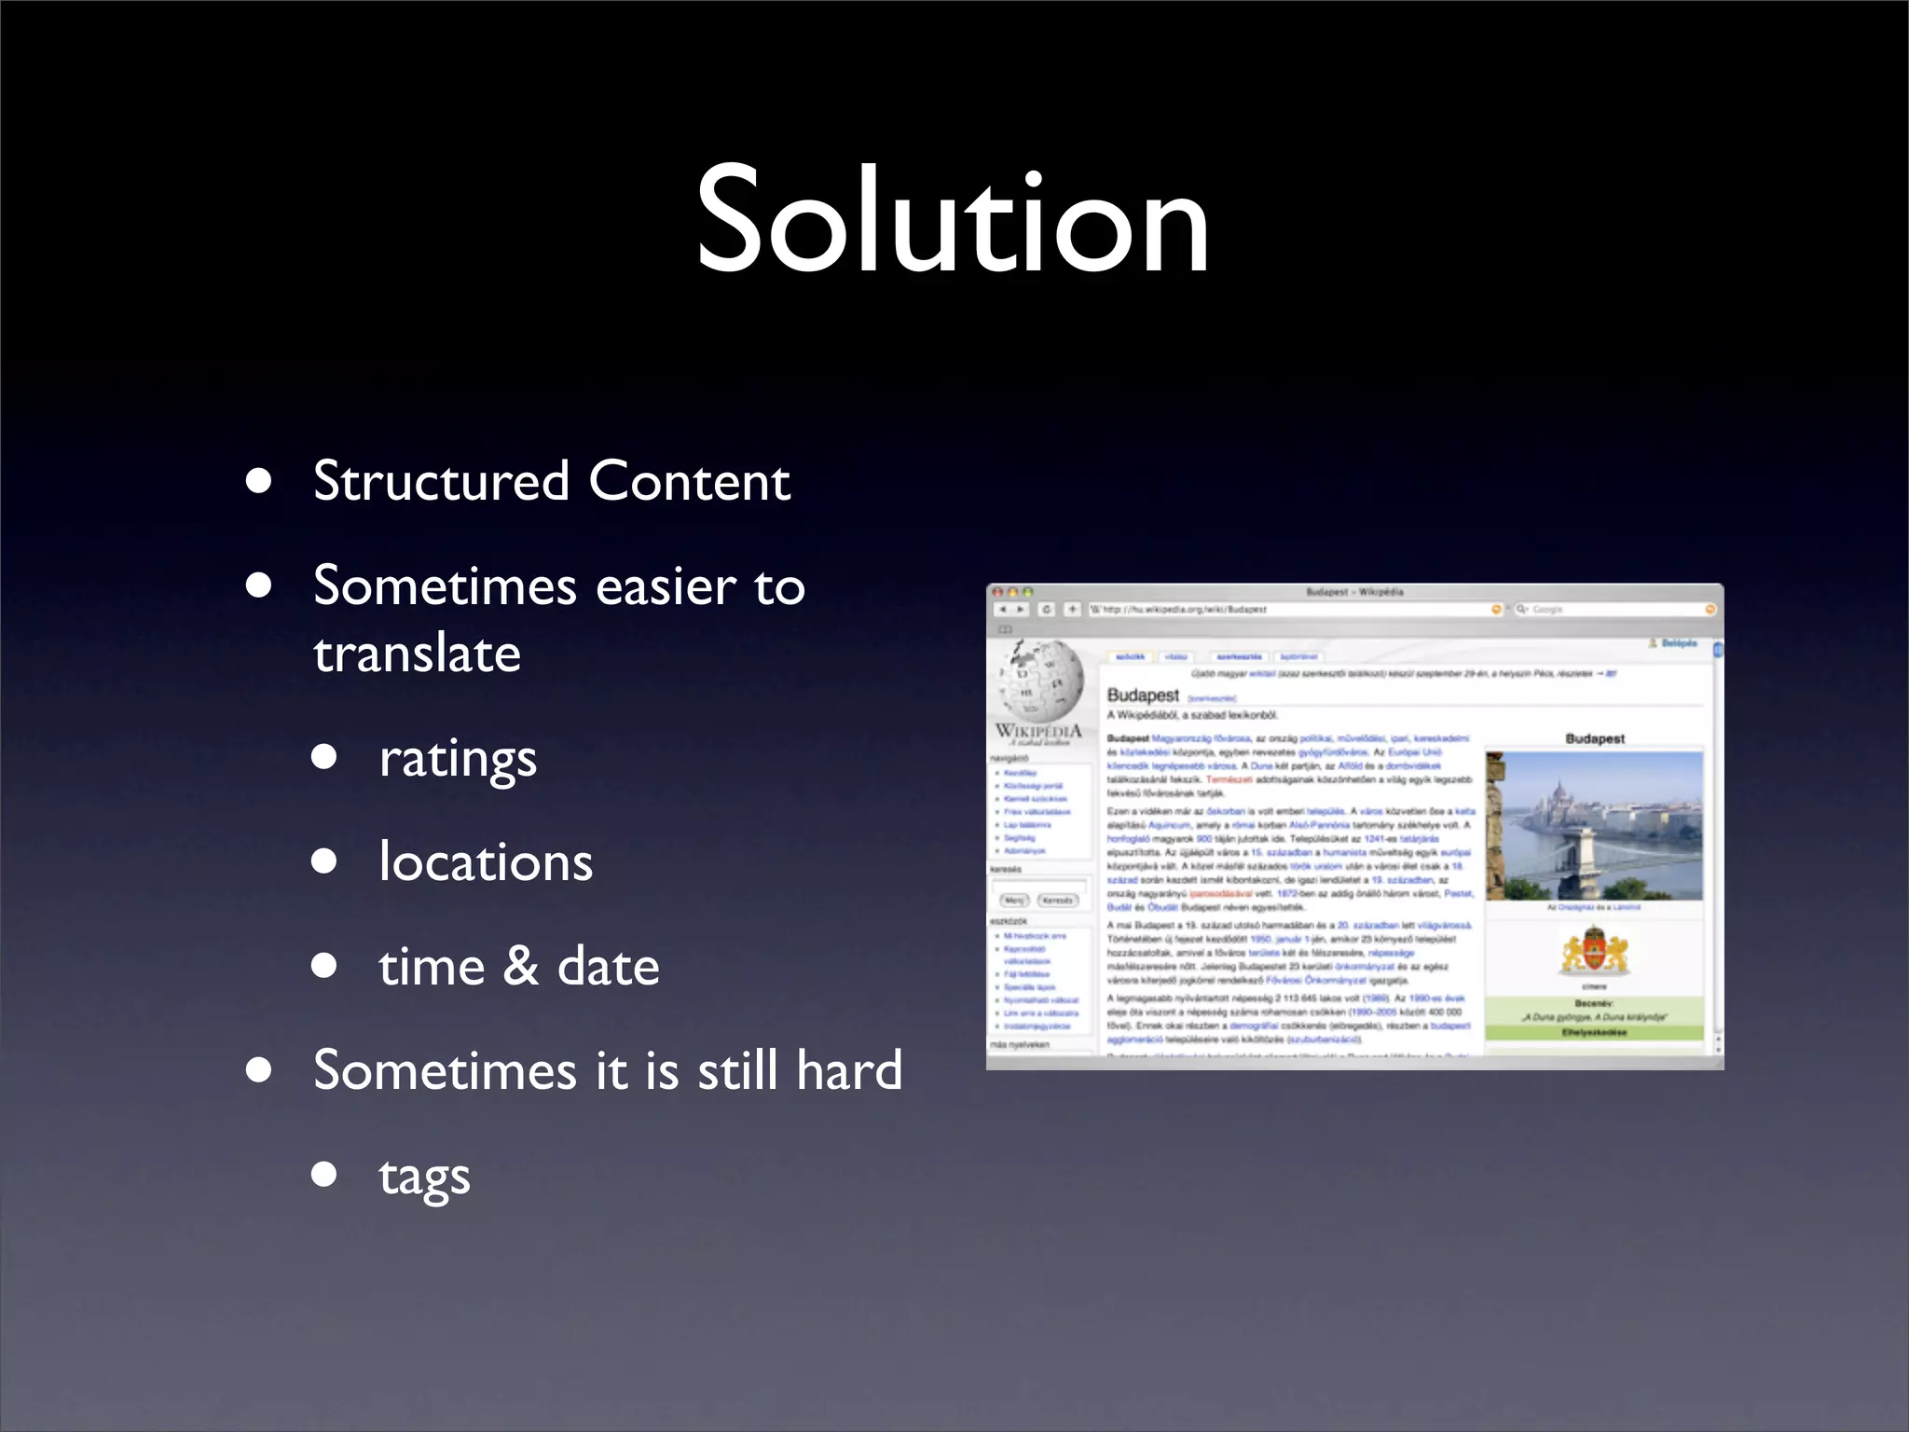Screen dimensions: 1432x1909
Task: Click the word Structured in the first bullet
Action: point(441,482)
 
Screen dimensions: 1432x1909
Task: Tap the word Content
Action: point(689,482)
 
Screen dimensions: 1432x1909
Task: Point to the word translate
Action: point(417,654)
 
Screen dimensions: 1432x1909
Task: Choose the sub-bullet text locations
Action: point(486,862)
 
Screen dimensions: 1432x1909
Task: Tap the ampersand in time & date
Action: point(521,966)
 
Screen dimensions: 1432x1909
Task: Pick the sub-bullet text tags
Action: point(424,1177)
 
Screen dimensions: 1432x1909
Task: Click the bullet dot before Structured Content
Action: point(259,482)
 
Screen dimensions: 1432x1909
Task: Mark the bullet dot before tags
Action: point(324,1174)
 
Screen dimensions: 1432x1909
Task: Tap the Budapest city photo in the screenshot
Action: point(1594,825)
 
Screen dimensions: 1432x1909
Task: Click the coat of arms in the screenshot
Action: point(1594,952)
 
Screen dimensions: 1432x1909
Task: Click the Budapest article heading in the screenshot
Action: point(1143,695)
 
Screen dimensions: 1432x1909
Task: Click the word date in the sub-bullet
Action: point(608,967)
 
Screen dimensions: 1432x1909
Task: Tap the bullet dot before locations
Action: point(324,861)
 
